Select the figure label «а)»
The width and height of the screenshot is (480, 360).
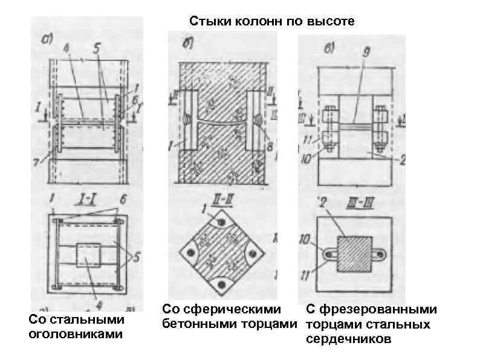(48, 39)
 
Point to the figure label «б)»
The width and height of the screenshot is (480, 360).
(188, 43)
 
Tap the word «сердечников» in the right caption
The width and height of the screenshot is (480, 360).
(348, 339)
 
